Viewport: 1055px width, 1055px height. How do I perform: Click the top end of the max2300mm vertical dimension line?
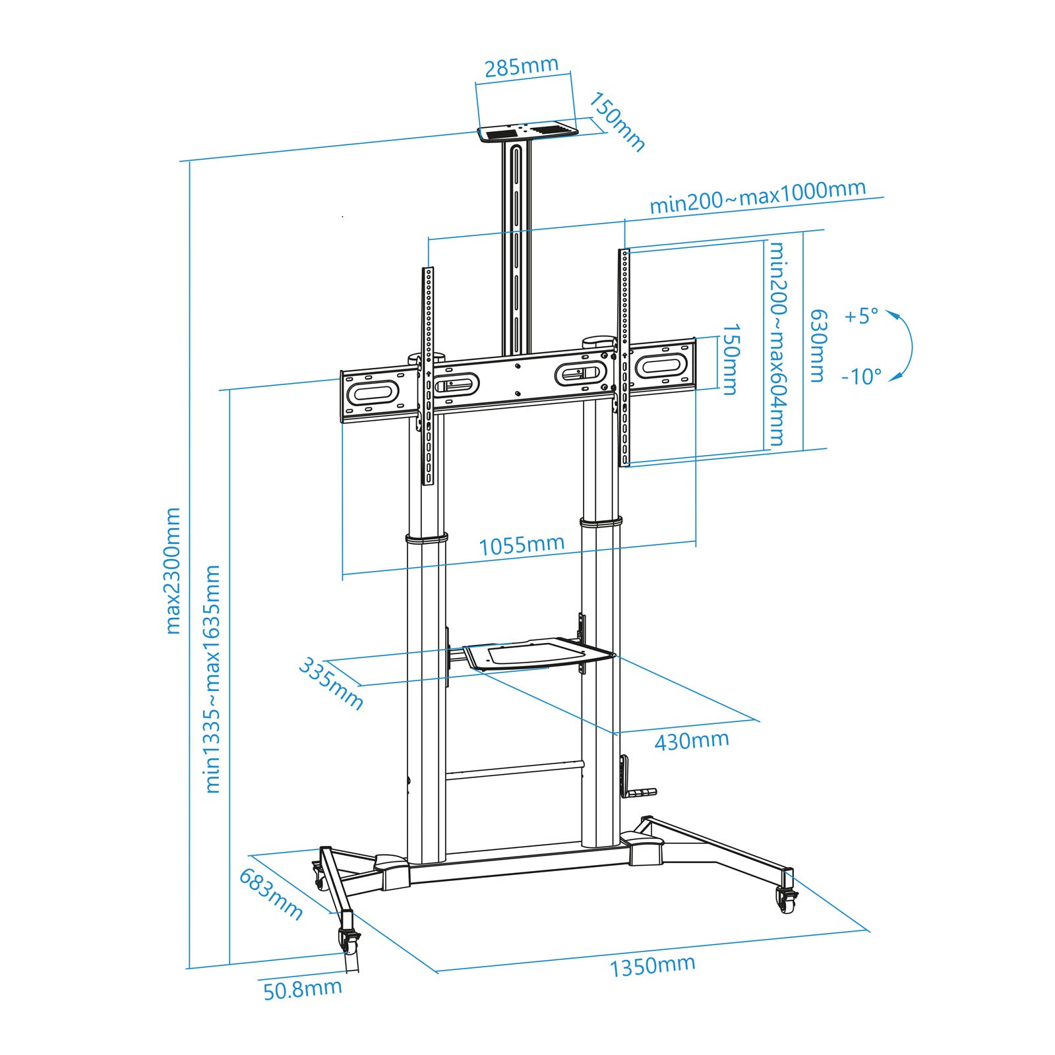point(190,161)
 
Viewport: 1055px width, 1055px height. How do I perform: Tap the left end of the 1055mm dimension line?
point(343,574)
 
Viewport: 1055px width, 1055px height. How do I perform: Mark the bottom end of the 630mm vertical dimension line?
point(803,451)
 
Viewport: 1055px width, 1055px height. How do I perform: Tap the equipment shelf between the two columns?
point(538,654)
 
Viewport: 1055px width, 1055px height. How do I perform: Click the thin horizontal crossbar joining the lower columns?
point(515,770)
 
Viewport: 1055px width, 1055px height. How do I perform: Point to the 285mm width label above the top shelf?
point(522,67)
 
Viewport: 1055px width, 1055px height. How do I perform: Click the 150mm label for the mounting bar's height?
point(730,359)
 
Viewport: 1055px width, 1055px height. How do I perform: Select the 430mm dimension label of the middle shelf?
point(692,740)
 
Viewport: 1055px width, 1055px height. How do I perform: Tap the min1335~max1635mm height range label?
point(212,678)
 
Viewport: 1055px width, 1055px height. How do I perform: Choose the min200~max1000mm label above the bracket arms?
point(758,196)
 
